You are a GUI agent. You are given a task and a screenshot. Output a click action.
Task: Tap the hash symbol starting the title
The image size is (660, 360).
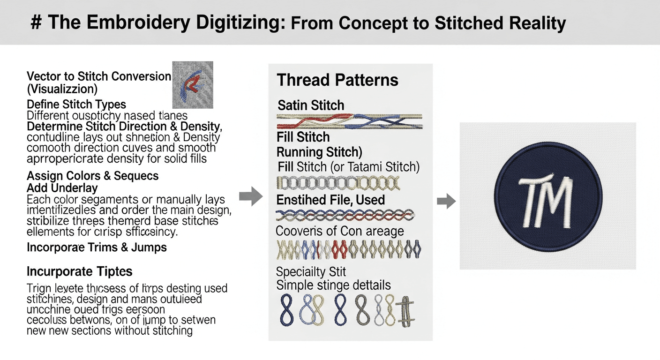click(36, 23)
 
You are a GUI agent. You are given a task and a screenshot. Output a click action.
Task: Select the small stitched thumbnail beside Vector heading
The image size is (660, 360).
click(193, 85)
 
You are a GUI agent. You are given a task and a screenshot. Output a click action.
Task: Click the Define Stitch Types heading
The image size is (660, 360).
click(76, 104)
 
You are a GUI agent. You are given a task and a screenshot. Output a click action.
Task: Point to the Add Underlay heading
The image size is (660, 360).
click(62, 188)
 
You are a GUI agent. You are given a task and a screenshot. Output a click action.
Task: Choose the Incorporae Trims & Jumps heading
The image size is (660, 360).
click(97, 247)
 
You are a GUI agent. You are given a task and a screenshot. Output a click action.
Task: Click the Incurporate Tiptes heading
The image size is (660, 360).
click(79, 271)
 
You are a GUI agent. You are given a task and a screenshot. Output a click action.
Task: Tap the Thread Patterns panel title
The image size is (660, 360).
click(337, 80)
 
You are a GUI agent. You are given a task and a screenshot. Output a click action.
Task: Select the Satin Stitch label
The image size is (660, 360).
click(311, 105)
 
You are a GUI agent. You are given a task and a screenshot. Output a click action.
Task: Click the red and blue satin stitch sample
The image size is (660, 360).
click(349, 121)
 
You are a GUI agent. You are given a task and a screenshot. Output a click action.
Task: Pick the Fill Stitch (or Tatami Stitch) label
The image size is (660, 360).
click(348, 166)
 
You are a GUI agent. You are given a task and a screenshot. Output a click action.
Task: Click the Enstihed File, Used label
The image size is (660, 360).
click(330, 200)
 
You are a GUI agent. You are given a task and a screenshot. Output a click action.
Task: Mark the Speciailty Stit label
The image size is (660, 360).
click(311, 271)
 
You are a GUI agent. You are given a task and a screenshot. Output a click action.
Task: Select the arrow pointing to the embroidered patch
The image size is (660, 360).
click(446, 202)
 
